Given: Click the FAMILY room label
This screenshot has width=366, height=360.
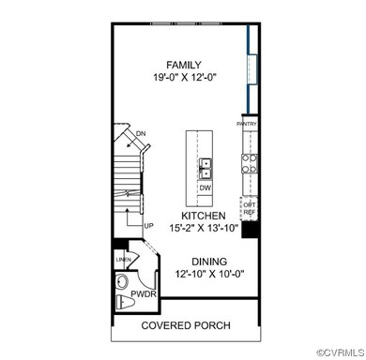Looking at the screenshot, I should coord(183,66).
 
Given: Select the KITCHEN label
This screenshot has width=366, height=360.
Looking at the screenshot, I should coord(196,215).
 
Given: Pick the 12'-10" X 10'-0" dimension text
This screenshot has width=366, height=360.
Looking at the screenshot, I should coord(197,276).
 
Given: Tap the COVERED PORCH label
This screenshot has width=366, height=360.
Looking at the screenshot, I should coord(185,325).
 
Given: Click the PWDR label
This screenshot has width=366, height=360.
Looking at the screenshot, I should coord(144,293).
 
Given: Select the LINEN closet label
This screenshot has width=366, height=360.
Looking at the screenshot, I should coord(123,259).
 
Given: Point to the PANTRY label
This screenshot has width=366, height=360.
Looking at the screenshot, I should coord(247,123).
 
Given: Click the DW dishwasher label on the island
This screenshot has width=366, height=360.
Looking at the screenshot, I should coord(205,187).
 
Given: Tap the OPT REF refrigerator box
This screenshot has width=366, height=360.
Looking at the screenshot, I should coord(249,208).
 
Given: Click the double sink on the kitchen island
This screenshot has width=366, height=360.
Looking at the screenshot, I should coord(205,168).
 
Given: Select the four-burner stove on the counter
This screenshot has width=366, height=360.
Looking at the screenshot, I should coord(251,164).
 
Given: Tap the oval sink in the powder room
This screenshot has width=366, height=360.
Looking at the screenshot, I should coord(120,281).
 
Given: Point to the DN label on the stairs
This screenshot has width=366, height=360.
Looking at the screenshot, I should coord(141,134).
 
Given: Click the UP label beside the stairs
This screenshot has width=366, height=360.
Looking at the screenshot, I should coord(148,226).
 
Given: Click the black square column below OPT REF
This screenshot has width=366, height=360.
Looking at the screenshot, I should coord(250,230).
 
